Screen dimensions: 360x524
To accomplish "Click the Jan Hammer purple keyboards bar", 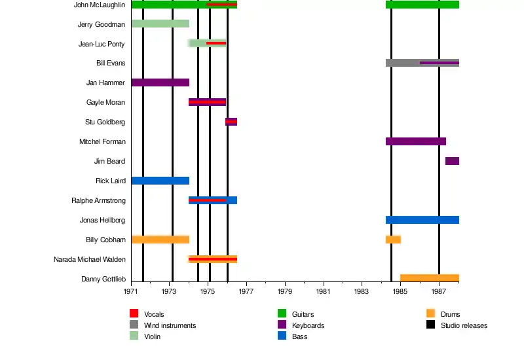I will pos(160,82).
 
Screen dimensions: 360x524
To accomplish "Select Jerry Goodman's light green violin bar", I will pos(160,24).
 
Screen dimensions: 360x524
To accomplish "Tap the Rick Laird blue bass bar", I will pos(160,181).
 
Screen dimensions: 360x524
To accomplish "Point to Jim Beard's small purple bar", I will pos(452,161).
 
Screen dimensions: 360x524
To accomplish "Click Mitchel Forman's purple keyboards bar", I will pos(415,141).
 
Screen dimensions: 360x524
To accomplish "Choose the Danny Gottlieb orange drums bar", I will pos(429,278).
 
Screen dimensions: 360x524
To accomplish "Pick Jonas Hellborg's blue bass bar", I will pos(422,220).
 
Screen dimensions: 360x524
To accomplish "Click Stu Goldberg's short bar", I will pos(231,122).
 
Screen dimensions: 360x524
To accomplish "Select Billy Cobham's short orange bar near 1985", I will pos(393,240).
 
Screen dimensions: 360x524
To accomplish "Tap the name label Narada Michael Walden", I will pos(90,260).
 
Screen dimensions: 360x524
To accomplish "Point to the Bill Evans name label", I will pos(110,63).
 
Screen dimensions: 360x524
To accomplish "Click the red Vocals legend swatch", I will pos(134,314).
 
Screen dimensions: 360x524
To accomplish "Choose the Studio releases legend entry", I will pos(464,325).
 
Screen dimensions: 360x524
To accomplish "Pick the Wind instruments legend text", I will pos(170,325).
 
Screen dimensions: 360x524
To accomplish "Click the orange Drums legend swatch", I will pos(430,314).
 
